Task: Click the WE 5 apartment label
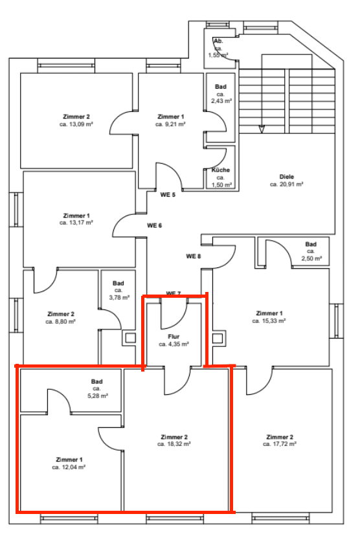(168, 194)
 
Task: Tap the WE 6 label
(153, 225)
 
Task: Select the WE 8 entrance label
(194, 256)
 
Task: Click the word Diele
(286, 176)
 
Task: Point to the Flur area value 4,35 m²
(174, 344)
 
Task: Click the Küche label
(220, 170)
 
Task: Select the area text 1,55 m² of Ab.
(218, 55)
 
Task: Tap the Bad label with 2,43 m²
(220, 87)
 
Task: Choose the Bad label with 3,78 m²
(118, 283)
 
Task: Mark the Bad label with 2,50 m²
(311, 244)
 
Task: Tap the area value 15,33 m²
(269, 320)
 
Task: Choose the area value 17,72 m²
(280, 445)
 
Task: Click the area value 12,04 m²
(69, 466)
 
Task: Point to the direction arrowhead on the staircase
(262, 129)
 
